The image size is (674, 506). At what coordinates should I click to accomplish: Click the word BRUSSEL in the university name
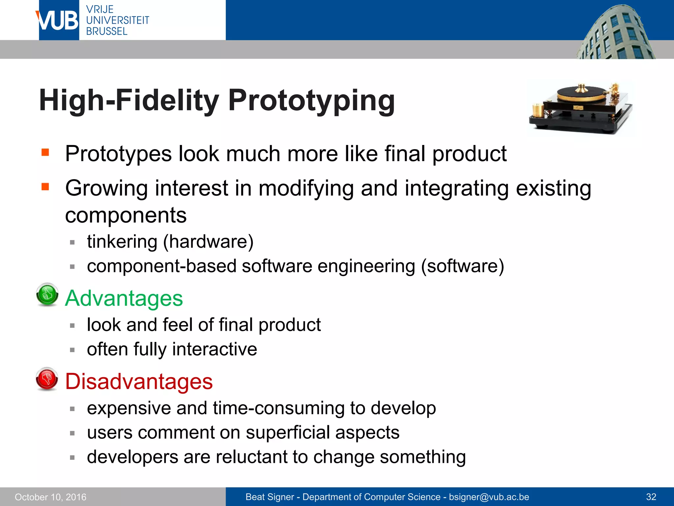pyautogui.click(x=107, y=31)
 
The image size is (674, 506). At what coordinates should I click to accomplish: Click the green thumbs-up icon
pyautogui.click(x=47, y=294)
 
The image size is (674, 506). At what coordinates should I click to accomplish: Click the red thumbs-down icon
pyautogui.click(x=47, y=379)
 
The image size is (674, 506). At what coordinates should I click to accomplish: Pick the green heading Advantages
pyautogui.click(x=124, y=298)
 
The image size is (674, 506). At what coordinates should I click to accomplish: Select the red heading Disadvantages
pyautogui.click(x=139, y=381)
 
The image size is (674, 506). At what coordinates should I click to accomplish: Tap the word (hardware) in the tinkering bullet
pyautogui.click(x=208, y=242)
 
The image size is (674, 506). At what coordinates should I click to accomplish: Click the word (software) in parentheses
pyautogui.click(x=462, y=266)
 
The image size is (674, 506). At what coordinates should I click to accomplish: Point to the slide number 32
pyautogui.click(x=651, y=497)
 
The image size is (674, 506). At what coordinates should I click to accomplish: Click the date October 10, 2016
pyautogui.click(x=50, y=497)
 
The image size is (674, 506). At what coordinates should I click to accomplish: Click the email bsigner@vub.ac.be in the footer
pyautogui.click(x=489, y=497)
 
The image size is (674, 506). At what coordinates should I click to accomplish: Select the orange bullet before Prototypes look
pyautogui.click(x=45, y=152)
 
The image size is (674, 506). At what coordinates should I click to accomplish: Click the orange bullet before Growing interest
pyautogui.click(x=45, y=187)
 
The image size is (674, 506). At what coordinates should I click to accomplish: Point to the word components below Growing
pyautogui.click(x=126, y=215)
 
